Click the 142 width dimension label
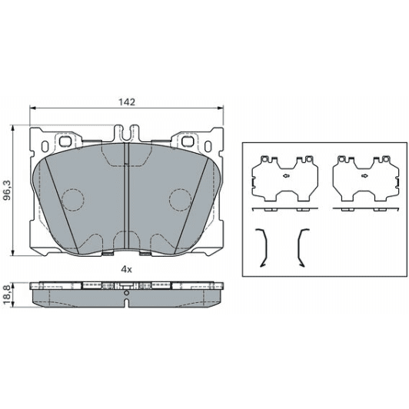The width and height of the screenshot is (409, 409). (127, 102)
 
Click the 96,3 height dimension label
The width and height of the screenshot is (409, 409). (8, 190)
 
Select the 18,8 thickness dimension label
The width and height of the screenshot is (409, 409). (7, 294)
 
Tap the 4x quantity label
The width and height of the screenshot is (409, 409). (127, 269)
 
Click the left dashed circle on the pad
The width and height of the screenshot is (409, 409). (73, 200)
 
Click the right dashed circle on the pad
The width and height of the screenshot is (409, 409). (180, 200)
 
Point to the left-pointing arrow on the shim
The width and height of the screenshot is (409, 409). (287, 176)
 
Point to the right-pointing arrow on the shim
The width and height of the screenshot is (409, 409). (364, 176)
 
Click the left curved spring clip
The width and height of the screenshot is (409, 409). (266, 248)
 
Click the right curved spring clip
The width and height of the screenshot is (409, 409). (298, 248)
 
